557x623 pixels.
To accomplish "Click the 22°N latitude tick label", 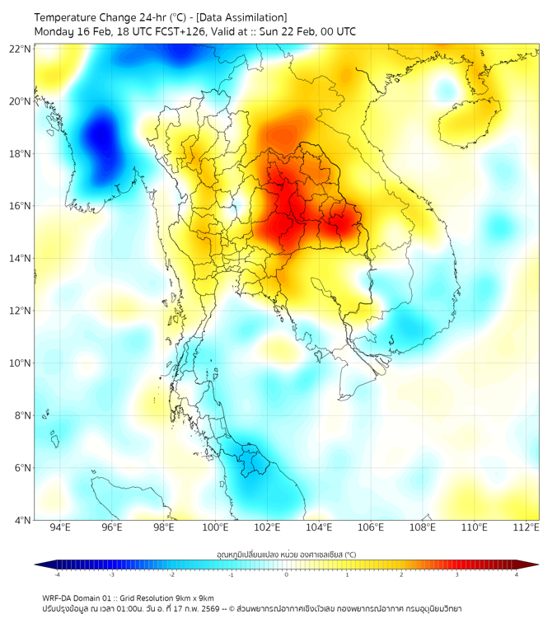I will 20,49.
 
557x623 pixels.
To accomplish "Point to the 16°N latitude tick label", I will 20,206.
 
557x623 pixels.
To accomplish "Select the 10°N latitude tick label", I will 20,363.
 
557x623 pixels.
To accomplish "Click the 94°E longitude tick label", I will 60,528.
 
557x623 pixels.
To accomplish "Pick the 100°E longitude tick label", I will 215,528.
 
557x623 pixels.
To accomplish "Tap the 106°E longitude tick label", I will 371,528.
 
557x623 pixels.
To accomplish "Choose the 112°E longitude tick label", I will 527,528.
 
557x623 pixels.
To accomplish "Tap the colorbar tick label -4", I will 58,574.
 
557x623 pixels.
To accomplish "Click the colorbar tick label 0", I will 287,574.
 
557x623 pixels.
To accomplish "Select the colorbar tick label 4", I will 516,574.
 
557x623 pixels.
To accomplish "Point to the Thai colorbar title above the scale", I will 286,554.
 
